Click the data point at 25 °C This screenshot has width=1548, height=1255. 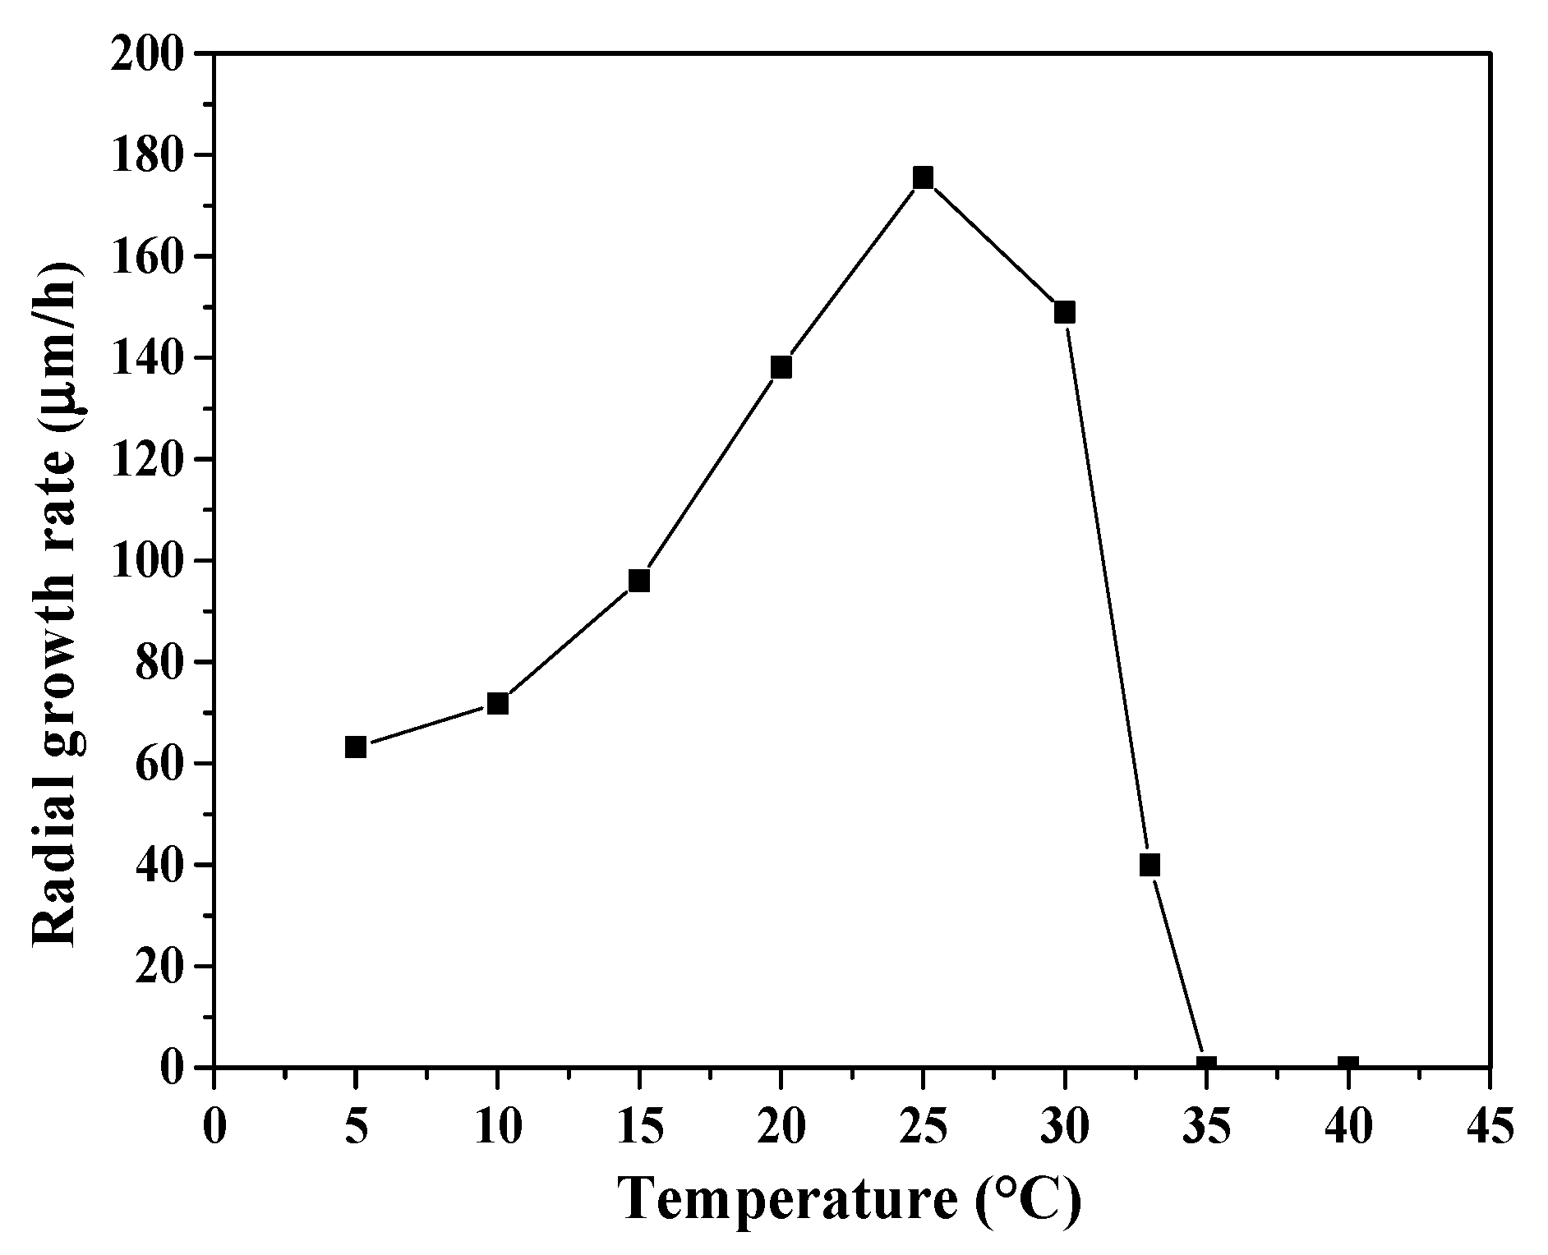tap(923, 177)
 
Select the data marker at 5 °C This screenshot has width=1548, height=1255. tap(355, 747)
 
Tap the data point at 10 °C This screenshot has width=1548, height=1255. tap(497, 703)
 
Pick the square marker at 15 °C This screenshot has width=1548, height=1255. tap(639, 581)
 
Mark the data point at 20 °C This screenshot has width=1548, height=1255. tap(781, 367)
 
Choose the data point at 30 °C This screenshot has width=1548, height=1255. tap(1065, 312)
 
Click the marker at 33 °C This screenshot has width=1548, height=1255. tap(1149, 865)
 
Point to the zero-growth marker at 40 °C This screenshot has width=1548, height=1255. tap(1348, 1066)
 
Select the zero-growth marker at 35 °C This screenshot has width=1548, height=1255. tap(1206, 1066)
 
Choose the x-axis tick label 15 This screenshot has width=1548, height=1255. tap(639, 1126)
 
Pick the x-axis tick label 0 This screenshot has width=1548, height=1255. tap(214, 1126)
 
